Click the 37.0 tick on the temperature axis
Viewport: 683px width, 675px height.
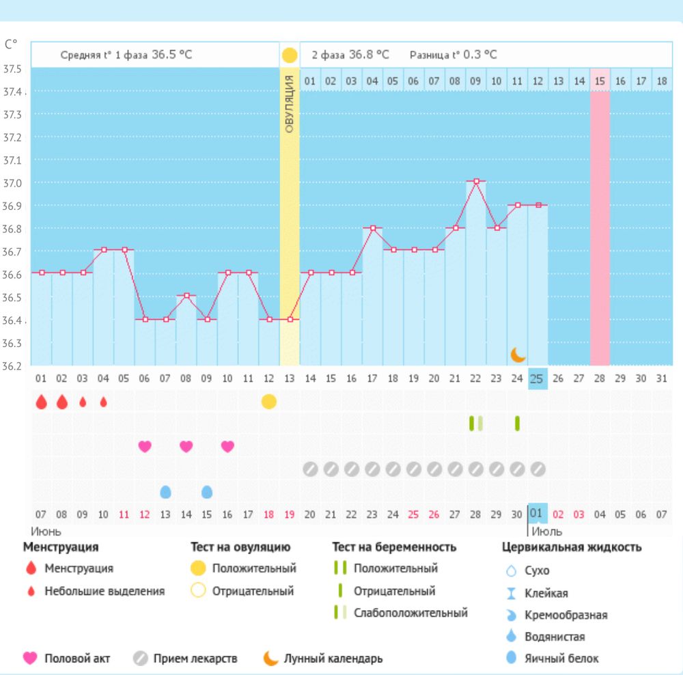[13, 183]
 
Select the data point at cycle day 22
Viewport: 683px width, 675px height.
[476, 181]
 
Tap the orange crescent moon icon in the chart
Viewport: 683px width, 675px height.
[518, 355]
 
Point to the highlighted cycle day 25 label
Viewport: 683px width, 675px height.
[538, 378]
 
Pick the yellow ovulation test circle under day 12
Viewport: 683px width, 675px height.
[269, 402]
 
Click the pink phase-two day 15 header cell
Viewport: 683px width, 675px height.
[600, 81]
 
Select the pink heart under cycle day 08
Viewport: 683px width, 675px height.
[186, 446]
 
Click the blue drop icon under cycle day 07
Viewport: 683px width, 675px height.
[165, 492]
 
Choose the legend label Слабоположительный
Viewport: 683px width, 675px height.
[410, 613]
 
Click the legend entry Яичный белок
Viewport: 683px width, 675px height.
[561, 659]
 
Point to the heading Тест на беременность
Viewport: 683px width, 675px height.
[394, 547]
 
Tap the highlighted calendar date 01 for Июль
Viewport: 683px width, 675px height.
[537, 513]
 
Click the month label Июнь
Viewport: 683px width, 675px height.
[46, 531]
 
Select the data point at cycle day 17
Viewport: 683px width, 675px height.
[373, 228]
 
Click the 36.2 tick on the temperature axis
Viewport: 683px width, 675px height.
[13, 366]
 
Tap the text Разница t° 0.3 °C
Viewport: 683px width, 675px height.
[453, 55]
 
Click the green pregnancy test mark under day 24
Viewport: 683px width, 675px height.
[517, 424]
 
